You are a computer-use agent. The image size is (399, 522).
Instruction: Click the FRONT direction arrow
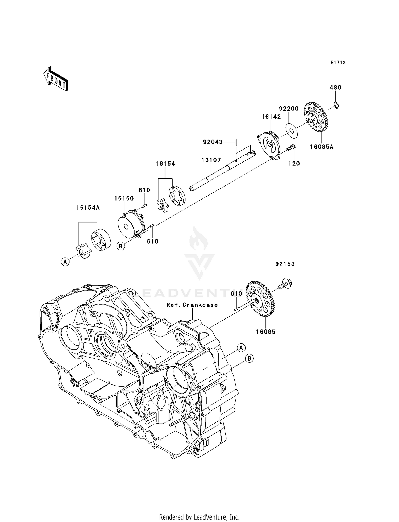tap(56, 79)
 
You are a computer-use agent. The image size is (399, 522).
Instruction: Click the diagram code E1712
tap(338, 63)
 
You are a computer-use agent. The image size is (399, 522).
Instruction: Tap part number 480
tap(335, 88)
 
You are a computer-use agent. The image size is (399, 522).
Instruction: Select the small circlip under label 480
tap(336, 106)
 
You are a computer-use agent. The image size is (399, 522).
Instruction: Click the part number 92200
tap(289, 109)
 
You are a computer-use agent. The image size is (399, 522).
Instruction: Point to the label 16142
tap(271, 117)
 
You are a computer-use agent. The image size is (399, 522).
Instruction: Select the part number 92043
tap(213, 142)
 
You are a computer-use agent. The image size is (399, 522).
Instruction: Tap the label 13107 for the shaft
tap(211, 160)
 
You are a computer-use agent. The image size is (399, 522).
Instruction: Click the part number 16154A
tap(88, 208)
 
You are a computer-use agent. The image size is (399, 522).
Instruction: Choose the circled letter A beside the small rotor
tap(65, 262)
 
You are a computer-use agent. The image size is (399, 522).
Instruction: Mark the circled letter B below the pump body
tap(120, 246)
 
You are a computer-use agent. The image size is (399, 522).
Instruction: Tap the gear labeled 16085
tap(260, 299)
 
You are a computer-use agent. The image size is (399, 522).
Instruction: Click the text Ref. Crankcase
tap(192, 305)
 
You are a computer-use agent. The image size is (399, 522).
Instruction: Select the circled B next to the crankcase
tap(249, 358)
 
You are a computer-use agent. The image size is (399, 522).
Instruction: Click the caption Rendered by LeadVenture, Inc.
tap(199, 517)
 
